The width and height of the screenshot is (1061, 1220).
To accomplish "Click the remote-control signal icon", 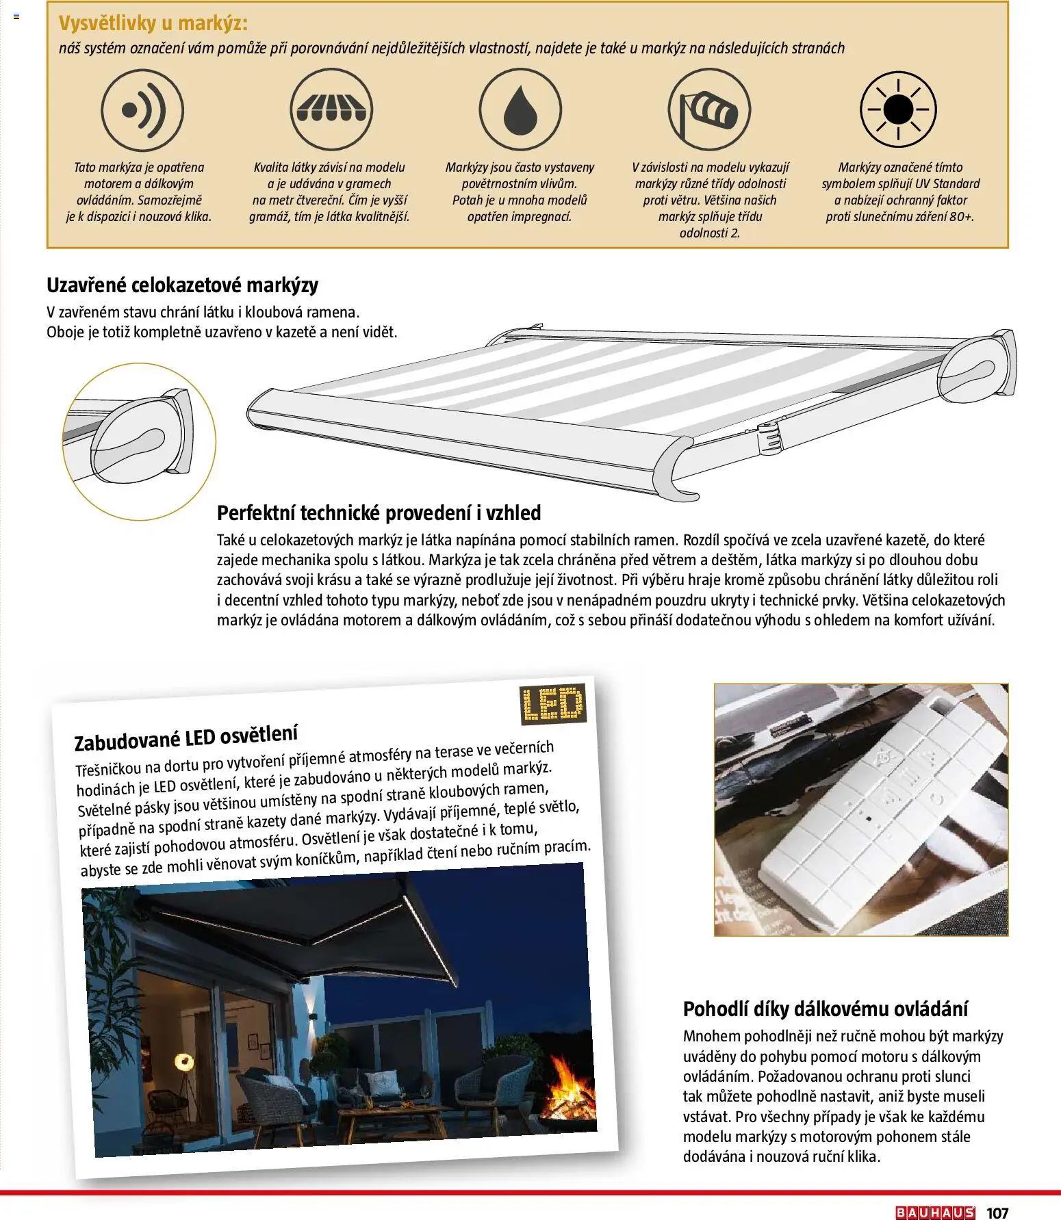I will tap(142, 109).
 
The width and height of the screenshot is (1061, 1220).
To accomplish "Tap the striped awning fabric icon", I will tap(331, 109).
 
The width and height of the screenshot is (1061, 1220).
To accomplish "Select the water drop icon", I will tap(520, 109).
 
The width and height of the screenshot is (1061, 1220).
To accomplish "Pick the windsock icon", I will tap(709, 109).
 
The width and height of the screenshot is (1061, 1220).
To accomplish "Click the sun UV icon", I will tap(898, 109).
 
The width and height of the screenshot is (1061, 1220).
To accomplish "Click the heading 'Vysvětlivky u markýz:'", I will tap(153, 24).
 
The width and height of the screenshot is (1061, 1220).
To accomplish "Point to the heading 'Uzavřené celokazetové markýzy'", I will tap(182, 285).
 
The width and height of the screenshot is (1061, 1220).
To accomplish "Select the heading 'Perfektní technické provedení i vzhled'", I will tap(379, 512).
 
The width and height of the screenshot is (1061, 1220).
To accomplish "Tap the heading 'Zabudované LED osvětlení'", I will tap(186, 738).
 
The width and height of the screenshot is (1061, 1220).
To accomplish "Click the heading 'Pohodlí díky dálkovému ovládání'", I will tap(826, 1009).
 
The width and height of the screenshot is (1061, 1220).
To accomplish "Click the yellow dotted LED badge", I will tap(552, 705).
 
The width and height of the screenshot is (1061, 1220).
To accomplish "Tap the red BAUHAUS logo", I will tap(934, 1212).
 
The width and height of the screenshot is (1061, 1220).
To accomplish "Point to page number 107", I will tap(997, 1212).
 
